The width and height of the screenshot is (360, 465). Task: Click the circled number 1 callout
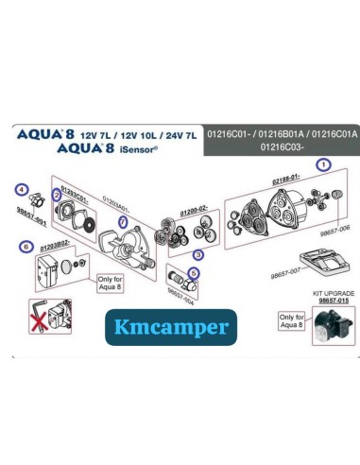coord(323,164)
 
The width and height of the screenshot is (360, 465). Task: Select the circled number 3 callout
coord(197,254)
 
